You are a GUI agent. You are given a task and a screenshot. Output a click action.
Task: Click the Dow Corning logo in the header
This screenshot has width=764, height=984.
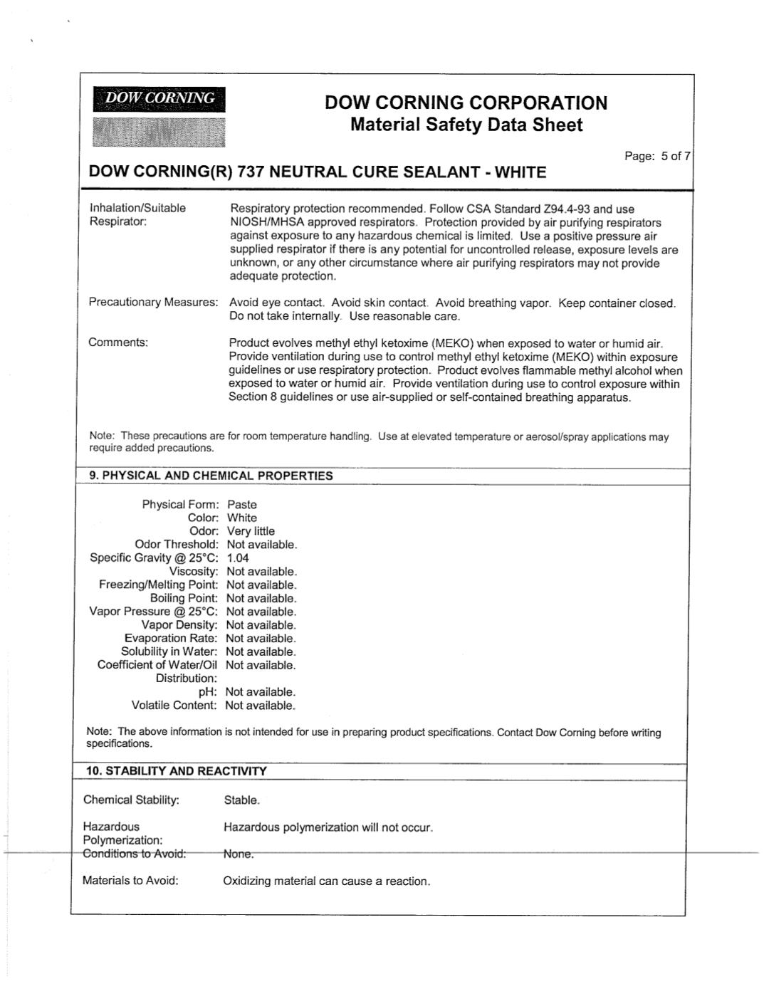159,116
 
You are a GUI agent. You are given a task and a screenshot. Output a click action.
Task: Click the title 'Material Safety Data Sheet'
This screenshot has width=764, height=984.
466,125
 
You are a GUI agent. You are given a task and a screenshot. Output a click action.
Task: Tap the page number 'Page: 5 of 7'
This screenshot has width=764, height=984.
656,157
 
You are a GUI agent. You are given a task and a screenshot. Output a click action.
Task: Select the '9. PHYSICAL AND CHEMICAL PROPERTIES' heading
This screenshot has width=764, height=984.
210,476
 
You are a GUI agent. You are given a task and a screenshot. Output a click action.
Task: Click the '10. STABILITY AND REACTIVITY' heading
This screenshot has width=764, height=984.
176,771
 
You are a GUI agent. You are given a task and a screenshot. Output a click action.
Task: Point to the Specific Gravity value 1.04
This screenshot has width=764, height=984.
238,558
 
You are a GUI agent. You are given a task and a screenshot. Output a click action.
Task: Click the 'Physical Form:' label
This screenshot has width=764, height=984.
180,504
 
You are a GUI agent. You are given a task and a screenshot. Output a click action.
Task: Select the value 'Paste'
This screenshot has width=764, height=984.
241,504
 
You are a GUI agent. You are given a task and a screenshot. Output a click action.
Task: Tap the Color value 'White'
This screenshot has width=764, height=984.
242,518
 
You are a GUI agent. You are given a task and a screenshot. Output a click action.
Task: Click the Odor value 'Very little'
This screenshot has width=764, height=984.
251,531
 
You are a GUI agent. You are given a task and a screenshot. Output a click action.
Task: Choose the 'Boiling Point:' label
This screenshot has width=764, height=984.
184,598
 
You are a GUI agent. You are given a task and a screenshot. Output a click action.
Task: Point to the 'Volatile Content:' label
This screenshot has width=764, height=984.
174,706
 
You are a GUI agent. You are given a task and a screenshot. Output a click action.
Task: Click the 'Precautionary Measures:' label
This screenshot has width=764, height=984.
153,303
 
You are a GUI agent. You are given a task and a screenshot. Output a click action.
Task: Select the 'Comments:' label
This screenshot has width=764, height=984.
118,342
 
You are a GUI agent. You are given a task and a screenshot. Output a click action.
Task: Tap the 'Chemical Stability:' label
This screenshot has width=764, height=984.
131,800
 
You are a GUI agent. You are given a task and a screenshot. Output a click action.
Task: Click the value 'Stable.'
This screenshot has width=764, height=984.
242,800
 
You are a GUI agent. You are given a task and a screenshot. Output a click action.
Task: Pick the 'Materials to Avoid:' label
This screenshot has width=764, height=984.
130,881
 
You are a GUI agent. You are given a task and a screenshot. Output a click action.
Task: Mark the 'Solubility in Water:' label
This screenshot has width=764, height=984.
169,651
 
